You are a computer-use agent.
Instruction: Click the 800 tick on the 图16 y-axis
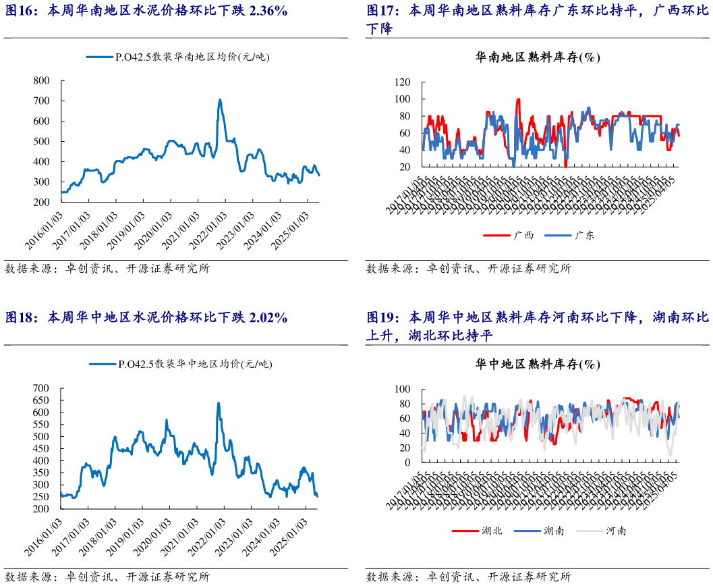42,80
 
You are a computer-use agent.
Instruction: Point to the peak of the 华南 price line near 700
220,101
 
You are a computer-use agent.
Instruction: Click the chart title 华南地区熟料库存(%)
538,57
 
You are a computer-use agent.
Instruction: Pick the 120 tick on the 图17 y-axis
402,82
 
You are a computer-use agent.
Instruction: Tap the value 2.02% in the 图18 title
268,317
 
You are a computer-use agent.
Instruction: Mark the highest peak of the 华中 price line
219,404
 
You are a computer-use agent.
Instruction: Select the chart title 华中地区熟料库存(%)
538,364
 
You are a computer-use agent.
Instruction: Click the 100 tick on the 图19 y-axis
402,390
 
